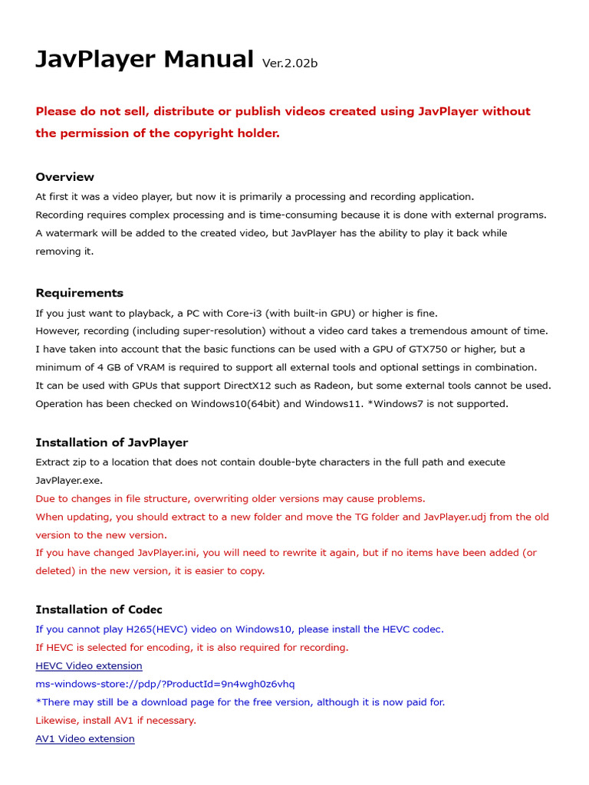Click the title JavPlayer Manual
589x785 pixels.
point(144,59)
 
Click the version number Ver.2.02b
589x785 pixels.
point(290,63)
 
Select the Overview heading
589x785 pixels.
point(65,177)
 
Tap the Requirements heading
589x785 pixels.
point(79,293)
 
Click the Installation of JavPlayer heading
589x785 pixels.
point(111,442)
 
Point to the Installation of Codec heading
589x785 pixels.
point(99,609)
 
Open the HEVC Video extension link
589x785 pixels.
point(89,665)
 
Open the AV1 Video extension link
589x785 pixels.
point(85,739)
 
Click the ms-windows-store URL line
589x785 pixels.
point(165,684)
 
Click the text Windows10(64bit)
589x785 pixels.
point(235,404)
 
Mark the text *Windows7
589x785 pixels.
point(395,404)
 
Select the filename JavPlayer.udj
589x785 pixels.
point(455,517)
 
